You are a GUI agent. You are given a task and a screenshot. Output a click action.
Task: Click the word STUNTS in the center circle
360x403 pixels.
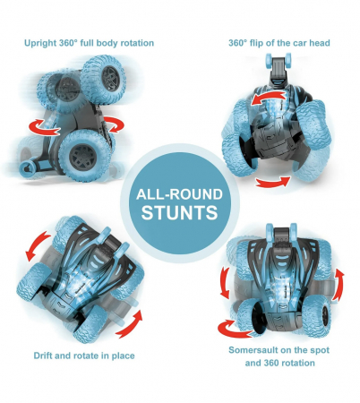[179, 212]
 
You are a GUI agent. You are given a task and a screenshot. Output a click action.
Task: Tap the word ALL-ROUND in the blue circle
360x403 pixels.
[179, 194]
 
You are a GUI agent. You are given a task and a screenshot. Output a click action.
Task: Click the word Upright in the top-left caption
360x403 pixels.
[40, 43]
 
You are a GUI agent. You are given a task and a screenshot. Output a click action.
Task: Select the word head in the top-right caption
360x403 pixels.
[320, 43]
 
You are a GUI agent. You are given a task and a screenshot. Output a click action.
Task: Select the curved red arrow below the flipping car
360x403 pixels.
[273, 183]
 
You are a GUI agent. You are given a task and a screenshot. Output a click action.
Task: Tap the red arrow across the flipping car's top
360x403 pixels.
[268, 98]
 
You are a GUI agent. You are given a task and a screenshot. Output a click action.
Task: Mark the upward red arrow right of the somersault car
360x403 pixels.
[339, 285]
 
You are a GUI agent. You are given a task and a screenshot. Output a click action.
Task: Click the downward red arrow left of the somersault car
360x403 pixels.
[225, 282]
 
